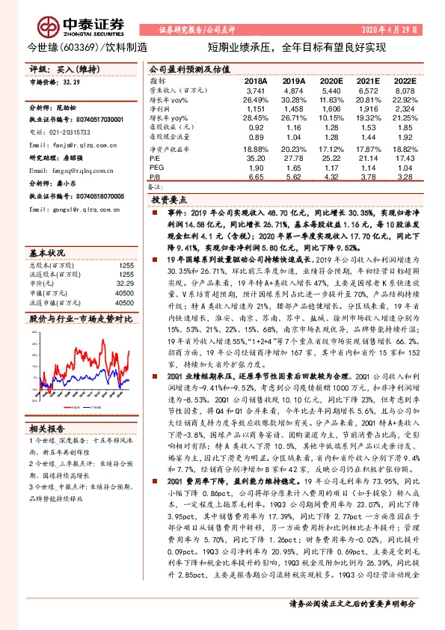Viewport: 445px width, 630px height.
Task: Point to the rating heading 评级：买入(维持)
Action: pyautogui.click(x=58, y=67)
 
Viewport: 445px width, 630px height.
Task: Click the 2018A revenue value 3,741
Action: pyautogui.click(x=257, y=89)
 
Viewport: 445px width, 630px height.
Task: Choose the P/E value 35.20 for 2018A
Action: pyautogui.click(x=257, y=159)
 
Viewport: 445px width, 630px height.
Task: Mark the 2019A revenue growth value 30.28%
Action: pyautogui.click(x=293, y=99)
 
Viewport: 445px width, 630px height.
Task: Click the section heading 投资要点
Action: pyautogui.click(x=168, y=201)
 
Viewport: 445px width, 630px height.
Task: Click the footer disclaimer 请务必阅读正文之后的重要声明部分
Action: pyautogui.click(x=352, y=605)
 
